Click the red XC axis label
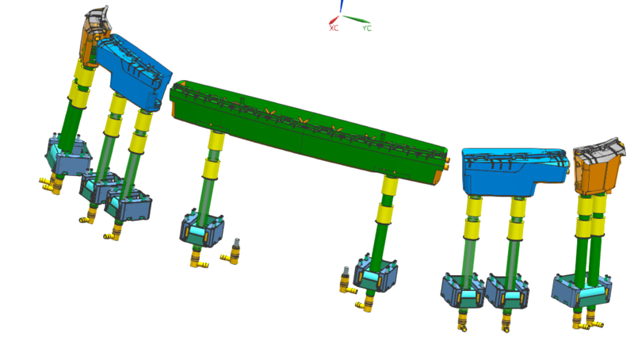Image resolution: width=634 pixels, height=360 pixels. coord(334,28)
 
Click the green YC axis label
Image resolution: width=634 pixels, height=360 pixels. coord(367,28)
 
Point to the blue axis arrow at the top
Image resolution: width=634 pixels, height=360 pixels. coord(342,6)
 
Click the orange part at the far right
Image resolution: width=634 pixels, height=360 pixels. coord(598,169)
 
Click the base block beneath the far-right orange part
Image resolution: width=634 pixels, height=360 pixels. coord(582,290)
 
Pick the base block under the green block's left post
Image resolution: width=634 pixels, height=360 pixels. coord(202,228)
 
